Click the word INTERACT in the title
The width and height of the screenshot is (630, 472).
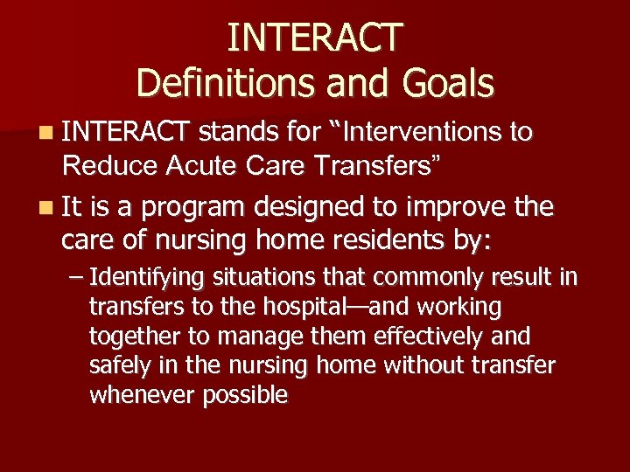click(315, 37)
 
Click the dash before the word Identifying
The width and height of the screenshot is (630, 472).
click(75, 279)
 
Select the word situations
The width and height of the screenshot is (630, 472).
click(258, 279)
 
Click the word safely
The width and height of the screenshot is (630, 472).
click(116, 365)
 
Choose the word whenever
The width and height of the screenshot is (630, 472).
click(143, 394)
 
